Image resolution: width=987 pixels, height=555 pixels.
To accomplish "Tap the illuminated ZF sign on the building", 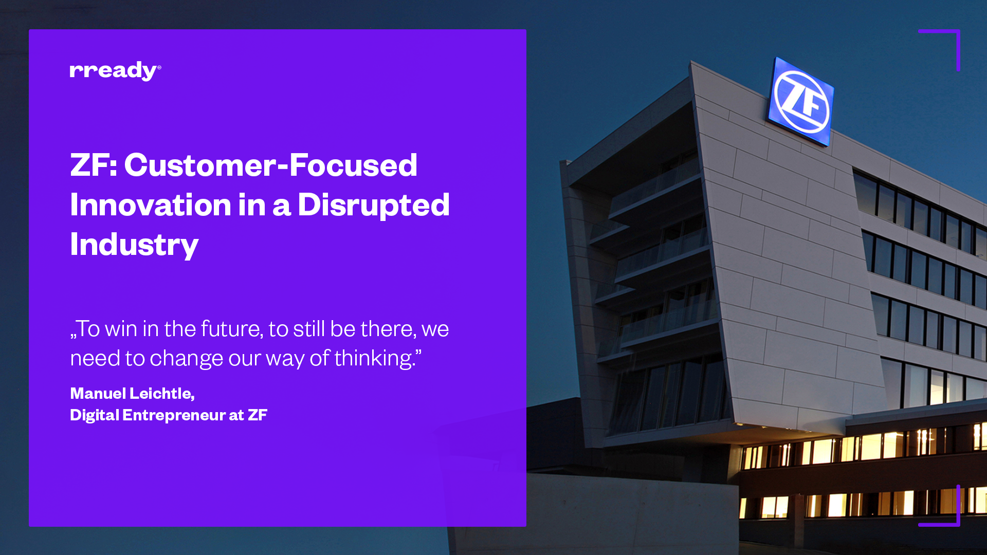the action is pos(800,101).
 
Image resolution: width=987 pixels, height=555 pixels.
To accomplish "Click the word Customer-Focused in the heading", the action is pos(271,165).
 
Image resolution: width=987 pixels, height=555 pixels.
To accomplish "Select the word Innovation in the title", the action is pos(151,205).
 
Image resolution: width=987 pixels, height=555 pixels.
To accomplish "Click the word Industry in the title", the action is pos(134,246).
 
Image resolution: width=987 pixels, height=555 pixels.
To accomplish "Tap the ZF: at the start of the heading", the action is pos(94,165).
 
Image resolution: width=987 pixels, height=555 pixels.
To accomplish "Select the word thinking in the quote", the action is pos(375,358).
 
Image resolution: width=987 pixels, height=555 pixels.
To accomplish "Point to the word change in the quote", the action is pos(186,359).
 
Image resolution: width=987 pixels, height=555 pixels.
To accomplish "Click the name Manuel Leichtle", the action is pos(132,393).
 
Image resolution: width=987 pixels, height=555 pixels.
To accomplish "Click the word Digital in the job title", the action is pos(95,415).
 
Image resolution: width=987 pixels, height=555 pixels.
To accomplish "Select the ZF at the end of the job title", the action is pos(258,415).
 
